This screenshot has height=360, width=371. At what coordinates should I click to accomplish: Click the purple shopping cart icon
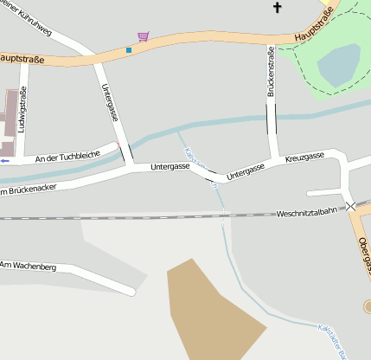click(x=143, y=36)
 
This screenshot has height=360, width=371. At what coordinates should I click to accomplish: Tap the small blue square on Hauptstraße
click(x=129, y=50)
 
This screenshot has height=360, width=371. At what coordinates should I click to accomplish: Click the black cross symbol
click(x=278, y=8)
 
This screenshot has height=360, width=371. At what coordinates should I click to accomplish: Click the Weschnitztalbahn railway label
click(x=310, y=212)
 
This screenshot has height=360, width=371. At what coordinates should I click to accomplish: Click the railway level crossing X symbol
click(x=350, y=206)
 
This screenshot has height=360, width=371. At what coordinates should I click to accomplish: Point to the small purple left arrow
click(x=5, y=161)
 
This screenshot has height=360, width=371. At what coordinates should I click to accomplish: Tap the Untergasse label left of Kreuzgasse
click(x=246, y=171)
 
